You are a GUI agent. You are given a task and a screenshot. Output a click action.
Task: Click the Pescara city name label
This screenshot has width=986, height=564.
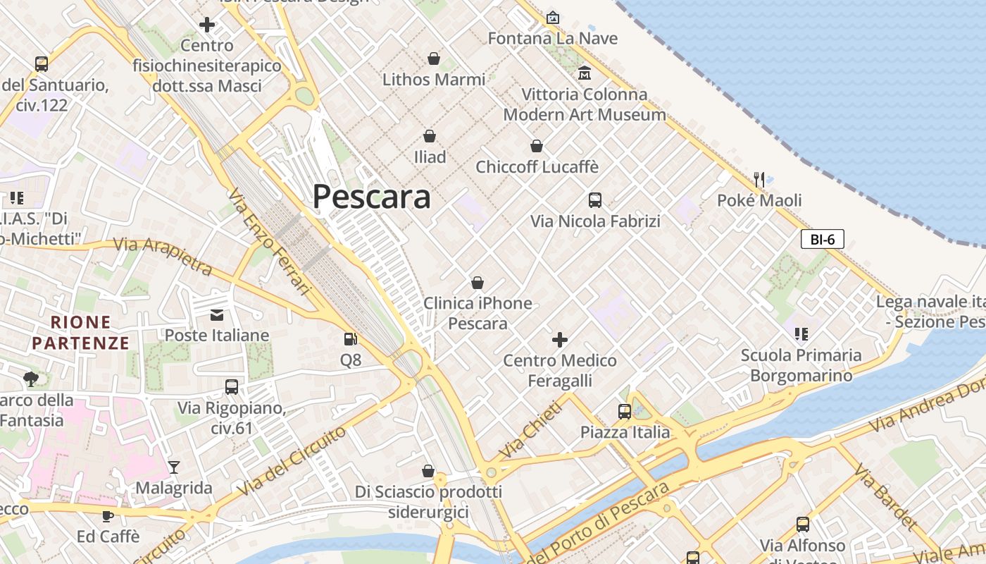pos(371,197)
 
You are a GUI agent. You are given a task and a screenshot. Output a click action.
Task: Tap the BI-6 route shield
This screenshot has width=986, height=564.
pos(822,239)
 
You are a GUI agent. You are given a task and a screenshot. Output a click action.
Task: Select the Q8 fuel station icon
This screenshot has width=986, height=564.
pos(350,339)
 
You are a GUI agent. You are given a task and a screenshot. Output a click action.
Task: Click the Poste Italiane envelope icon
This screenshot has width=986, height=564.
pos(216,314)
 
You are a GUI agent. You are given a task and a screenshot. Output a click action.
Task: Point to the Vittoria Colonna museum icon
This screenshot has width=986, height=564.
pos(584,73)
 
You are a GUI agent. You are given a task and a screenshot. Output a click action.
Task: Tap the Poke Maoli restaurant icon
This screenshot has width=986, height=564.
pos(759,179)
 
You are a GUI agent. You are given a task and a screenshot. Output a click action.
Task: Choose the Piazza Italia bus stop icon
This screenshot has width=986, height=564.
pos(624,411)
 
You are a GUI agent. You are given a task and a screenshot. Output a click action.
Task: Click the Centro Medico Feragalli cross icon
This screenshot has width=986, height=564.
pos(560,340)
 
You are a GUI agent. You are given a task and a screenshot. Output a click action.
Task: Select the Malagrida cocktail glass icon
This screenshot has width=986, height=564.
pos(173,467)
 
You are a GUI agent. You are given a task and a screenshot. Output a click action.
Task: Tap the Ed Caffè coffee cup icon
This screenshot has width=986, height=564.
pos(108,515)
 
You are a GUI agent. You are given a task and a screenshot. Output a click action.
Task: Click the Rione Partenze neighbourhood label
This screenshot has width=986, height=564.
pos(81,333)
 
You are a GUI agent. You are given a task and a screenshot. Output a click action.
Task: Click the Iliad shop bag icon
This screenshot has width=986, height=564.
pos(430,135)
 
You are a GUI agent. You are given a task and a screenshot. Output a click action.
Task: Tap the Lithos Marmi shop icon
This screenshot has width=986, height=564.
pos(434,59)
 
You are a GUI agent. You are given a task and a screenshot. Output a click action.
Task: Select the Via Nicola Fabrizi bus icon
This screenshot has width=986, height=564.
pos(595,200)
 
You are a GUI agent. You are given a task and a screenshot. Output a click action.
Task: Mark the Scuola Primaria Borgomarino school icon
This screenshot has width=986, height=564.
pos(801,333)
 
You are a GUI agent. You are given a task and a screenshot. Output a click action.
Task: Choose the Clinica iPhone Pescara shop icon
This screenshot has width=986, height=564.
pos(478,283)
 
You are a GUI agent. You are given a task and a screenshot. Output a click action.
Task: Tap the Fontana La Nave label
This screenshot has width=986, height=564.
pos(553,38)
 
